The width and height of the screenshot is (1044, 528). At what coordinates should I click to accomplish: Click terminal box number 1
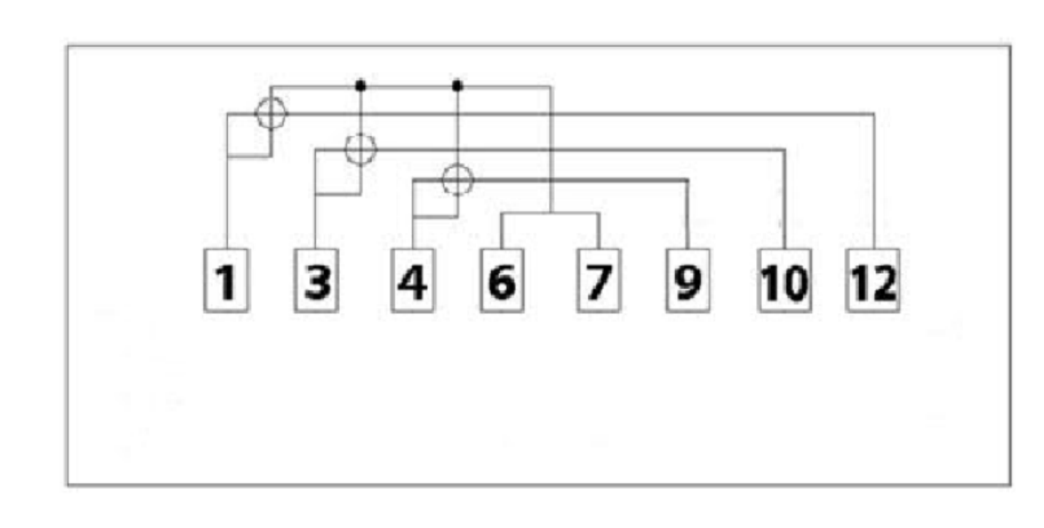click(226, 280)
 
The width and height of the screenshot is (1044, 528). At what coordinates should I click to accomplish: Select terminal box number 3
click(316, 280)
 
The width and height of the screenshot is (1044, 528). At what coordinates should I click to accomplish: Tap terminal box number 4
click(413, 280)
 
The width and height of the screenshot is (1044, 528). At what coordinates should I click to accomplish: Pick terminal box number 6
click(502, 280)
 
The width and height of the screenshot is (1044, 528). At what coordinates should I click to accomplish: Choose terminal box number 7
click(599, 280)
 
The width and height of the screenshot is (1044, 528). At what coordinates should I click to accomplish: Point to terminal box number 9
click(688, 280)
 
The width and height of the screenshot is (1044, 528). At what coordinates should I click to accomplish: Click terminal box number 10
click(784, 280)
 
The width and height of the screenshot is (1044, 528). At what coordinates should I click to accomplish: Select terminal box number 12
click(873, 280)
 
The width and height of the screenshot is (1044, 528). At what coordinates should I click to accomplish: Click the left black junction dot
click(361, 86)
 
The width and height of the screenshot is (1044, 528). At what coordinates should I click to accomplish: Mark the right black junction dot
click(457, 86)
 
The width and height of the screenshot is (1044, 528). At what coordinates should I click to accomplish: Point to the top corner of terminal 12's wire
click(873, 114)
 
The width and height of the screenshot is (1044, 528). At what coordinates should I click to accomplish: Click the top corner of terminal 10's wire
click(784, 150)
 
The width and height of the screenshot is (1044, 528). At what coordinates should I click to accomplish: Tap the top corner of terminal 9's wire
click(688, 180)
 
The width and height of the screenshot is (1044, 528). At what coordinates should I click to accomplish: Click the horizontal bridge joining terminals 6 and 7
click(550, 214)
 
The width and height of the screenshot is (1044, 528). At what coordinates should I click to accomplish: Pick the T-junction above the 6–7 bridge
click(551, 213)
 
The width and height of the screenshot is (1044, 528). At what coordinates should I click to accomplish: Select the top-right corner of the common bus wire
click(551, 86)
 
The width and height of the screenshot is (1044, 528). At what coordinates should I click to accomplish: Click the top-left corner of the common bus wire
click(271, 87)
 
